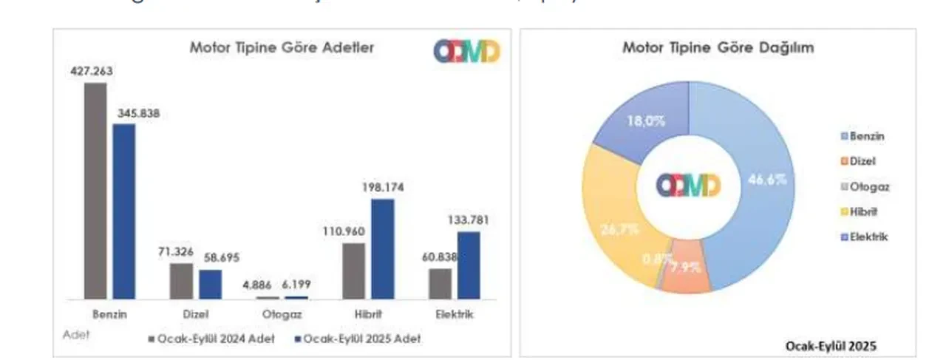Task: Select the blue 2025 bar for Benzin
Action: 124,211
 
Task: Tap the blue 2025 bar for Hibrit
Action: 382,249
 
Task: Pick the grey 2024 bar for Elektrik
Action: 440,284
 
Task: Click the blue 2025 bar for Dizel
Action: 210,285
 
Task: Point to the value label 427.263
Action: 92,71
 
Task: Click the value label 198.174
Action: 382,187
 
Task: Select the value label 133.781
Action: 468,220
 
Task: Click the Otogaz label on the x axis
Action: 282,314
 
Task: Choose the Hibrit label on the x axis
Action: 368,314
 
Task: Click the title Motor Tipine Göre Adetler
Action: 282,48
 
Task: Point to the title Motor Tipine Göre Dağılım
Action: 718,48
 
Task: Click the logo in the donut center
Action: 688,185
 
